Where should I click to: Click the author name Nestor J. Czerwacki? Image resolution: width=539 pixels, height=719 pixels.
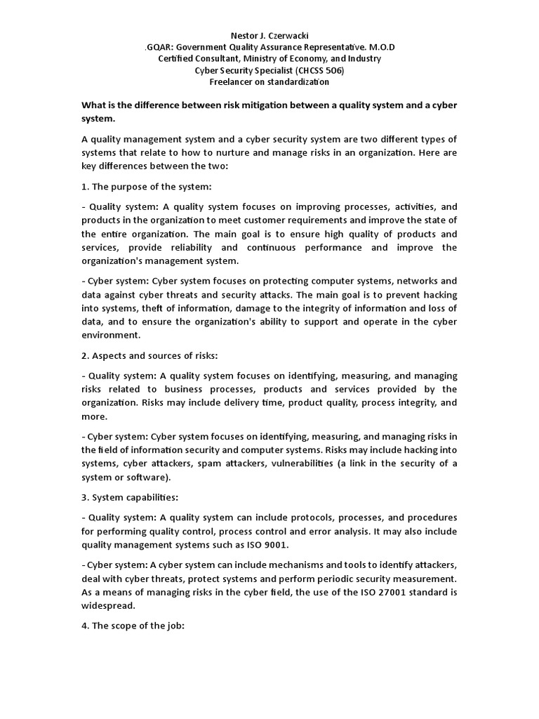269,35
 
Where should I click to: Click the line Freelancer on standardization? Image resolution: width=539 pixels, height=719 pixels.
269,82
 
